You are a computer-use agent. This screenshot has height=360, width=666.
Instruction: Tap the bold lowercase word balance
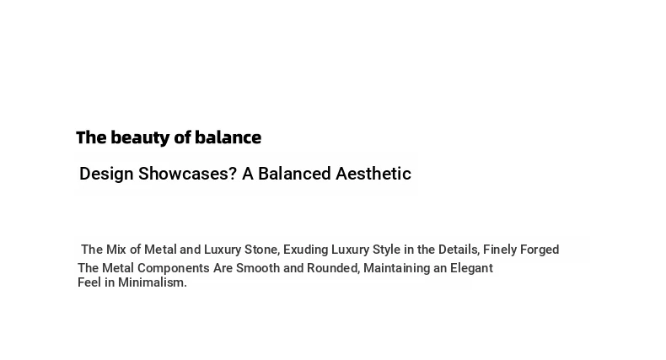[x=228, y=137]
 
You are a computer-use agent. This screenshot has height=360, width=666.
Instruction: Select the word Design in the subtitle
[x=106, y=174]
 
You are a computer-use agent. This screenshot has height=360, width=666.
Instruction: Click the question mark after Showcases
[x=233, y=174]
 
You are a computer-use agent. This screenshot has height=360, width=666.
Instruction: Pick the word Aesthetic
[x=373, y=174]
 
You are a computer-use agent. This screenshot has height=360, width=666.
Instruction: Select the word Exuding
[x=305, y=250]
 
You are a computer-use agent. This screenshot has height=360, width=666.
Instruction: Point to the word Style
[x=386, y=250]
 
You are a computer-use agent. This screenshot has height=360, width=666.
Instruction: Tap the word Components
[x=174, y=269]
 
